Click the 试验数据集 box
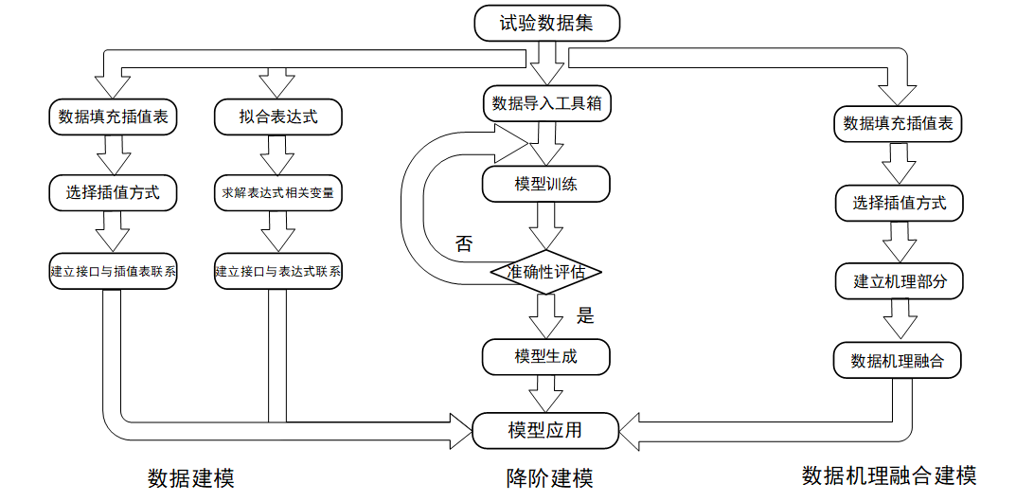(546, 24)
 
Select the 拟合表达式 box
(277, 117)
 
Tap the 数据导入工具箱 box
(546, 103)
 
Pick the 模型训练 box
(546, 185)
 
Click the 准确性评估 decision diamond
(546, 273)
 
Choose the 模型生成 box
(546, 357)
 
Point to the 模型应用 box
(546, 430)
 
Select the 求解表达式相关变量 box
(277, 193)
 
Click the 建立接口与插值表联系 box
(114, 271)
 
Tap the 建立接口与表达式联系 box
(277, 271)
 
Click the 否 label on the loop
(463, 243)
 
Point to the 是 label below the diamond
(585, 315)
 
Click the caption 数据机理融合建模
(888, 475)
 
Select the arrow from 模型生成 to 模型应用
(546, 393)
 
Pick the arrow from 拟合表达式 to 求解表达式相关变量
(277, 154)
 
